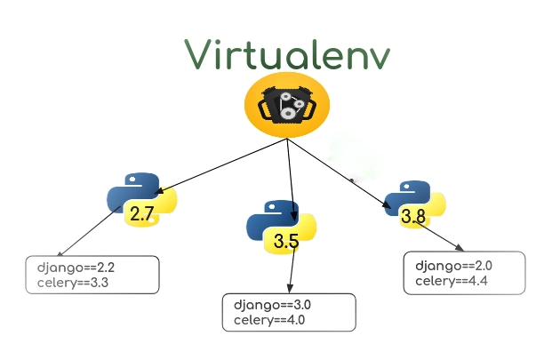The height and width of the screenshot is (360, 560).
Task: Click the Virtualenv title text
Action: click(x=287, y=54)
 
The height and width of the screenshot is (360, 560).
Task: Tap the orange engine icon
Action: click(x=287, y=105)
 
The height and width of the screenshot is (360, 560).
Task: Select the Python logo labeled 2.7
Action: click(x=142, y=200)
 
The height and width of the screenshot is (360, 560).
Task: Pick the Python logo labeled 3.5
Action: click(x=282, y=227)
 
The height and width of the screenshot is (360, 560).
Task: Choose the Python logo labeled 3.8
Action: click(x=415, y=204)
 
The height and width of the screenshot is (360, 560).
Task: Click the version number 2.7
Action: click(x=142, y=214)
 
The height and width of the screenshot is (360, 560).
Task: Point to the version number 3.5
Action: click(x=286, y=241)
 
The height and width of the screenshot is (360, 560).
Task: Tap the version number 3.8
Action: click(x=413, y=216)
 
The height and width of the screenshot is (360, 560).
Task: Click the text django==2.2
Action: click(x=76, y=268)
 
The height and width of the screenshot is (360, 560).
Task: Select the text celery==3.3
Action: click(x=73, y=283)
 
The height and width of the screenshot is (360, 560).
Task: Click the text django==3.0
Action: click(x=273, y=306)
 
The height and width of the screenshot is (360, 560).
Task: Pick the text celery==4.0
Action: click(x=269, y=320)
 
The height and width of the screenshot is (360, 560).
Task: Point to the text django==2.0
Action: click(x=453, y=267)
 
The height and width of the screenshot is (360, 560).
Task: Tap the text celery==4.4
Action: click(x=452, y=281)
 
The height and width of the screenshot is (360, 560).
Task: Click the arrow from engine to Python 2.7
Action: click(x=222, y=166)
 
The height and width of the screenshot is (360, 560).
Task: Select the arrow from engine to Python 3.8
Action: click(x=340, y=173)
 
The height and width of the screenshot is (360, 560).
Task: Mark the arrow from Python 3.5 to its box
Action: click(x=292, y=270)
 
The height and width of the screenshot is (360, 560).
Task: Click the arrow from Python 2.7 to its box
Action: click(x=88, y=231)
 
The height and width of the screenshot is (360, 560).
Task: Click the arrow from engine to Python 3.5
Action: click(x=291, y=180)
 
